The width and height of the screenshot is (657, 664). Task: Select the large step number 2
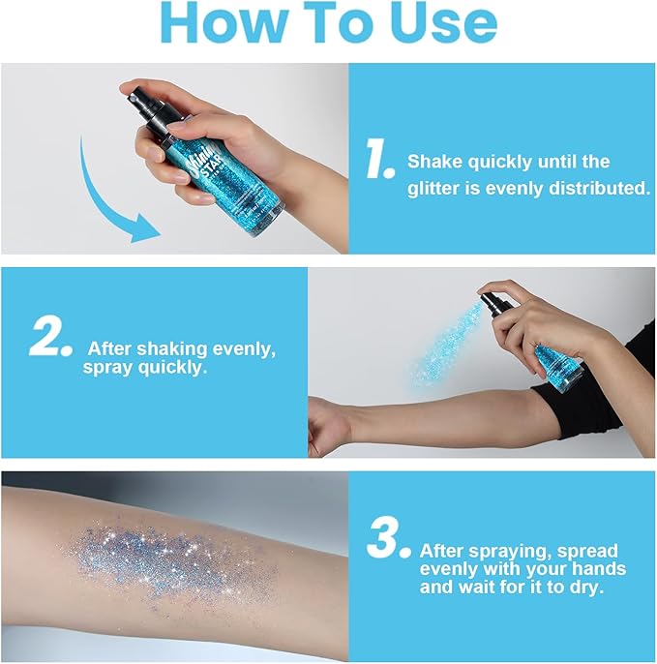point(51,339)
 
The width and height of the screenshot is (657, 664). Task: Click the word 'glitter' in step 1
point(431,189)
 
